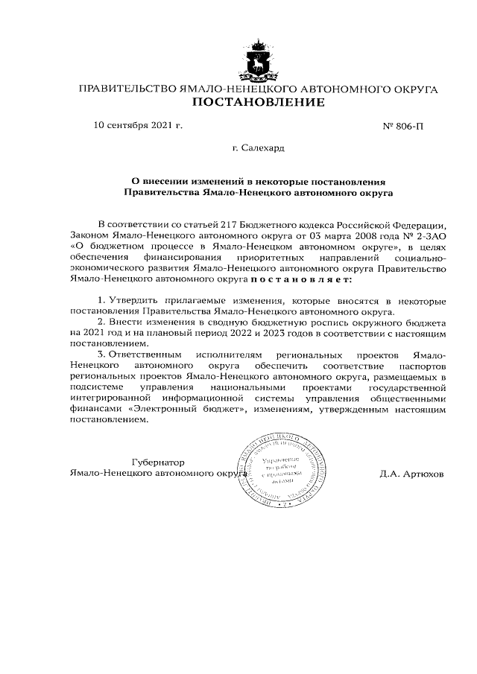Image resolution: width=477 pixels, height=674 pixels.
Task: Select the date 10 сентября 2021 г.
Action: (x=138, y=125)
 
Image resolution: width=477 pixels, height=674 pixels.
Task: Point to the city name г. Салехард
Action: (x=258, y=149)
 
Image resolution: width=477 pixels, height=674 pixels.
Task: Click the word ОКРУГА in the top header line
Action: (x=413, y=89)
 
